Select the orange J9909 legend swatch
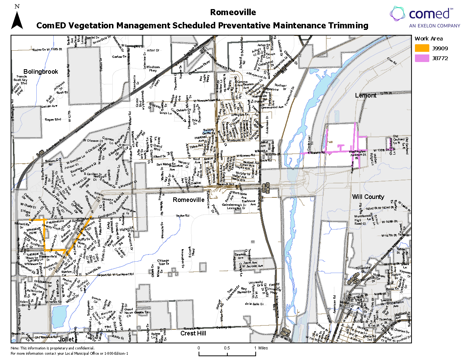(422, 48)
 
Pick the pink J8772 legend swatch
(422, 58)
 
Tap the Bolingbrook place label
(41, 71)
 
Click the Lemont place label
(366, 96)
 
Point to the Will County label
(368, 197)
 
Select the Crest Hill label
(193, 333)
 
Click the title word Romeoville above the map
(233, 12)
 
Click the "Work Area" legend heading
(429, 38)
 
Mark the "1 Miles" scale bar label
(261, 348)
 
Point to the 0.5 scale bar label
(227, 348)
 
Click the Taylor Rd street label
(182, 216)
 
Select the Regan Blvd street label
(53, 119)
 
